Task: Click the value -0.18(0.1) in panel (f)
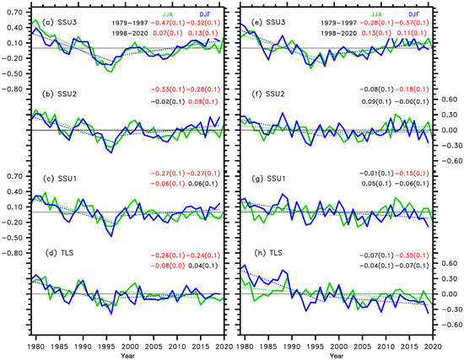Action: [x=415, y=89]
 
